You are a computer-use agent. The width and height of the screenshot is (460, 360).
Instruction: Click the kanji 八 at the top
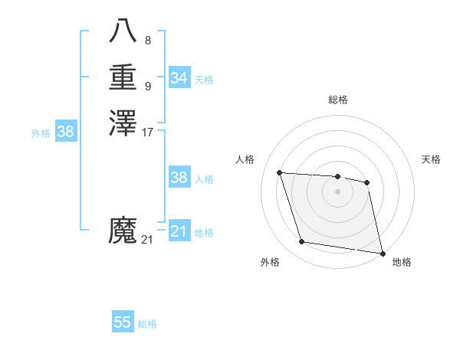point(123,31)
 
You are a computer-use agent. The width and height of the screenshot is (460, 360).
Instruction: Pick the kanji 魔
point(123,230)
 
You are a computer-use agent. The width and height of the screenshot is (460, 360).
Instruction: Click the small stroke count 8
point(148,40)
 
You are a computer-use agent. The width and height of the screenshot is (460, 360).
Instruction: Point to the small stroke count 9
point(148,86)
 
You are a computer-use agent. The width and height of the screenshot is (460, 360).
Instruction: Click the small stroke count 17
point(148,132)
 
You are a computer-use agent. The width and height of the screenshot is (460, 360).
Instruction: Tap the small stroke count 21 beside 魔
point(147,240)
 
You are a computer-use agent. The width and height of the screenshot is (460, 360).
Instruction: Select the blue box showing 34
point(179,78)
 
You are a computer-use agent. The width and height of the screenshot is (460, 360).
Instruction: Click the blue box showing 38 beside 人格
point(179,178)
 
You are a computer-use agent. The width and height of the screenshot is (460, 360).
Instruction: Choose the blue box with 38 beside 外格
point(66,132)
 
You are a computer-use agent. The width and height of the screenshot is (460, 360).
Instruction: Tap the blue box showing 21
point(179,231)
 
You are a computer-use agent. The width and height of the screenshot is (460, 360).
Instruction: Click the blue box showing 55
point(123,322)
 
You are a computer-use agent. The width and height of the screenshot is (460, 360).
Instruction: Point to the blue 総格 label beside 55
point(147,324)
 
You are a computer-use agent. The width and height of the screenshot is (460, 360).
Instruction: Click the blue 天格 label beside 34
point(204,80)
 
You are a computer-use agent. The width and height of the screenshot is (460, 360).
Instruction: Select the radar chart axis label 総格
point(337,100)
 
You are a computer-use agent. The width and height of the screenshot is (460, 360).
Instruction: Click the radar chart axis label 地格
point(402,262)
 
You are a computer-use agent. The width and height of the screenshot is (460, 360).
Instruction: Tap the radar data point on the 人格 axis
point(280,172)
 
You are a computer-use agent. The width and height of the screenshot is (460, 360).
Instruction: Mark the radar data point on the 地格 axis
point(383,253)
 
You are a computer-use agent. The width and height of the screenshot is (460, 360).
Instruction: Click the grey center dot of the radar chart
point(337,191)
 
